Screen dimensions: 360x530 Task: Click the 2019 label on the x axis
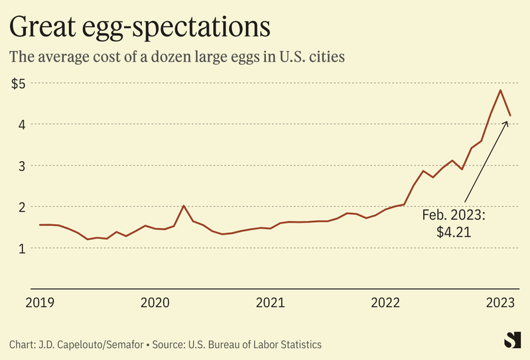coord(40,303)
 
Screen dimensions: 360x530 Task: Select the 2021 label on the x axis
coord(270,303)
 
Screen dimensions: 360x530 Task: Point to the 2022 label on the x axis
coord(385,303)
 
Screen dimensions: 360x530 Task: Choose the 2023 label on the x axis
coord(501,303)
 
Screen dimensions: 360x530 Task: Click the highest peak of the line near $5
coord(500,90)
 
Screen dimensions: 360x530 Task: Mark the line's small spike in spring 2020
coord(184,206)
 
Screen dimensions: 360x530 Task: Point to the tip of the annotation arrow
coord(507,121)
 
